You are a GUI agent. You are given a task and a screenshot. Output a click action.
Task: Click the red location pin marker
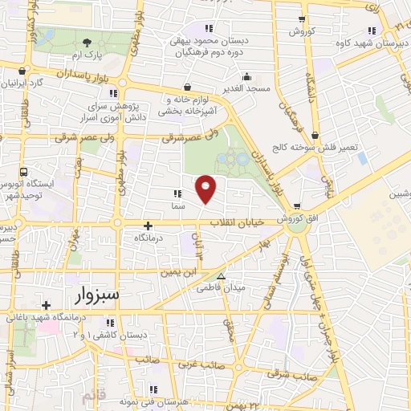tap(206, 189)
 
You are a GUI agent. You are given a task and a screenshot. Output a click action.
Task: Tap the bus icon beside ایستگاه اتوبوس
tap(24, 172)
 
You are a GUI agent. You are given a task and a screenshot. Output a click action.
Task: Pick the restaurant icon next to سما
tap(177, 193)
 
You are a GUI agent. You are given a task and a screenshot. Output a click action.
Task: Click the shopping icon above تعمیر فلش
tap(314, 136)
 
